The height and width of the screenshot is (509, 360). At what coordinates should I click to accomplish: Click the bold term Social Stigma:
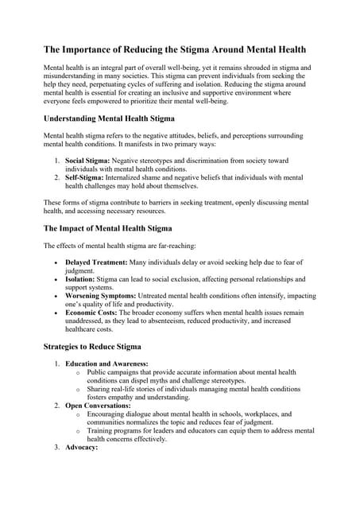[x=91, y=161]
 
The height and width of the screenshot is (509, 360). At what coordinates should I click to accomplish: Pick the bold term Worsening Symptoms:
[x=105, y=296]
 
